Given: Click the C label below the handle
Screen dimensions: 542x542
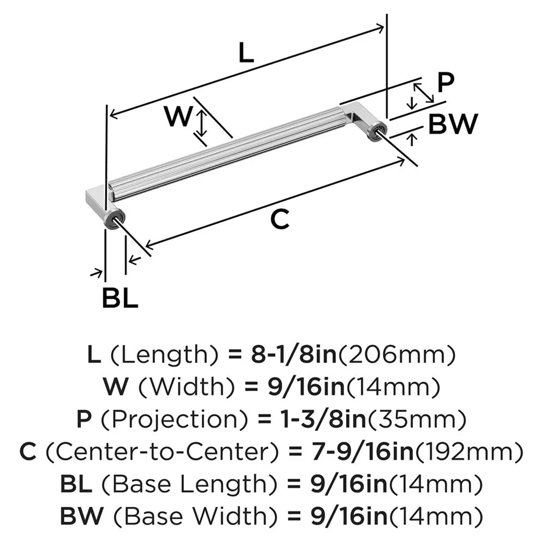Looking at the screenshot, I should click(280, 219).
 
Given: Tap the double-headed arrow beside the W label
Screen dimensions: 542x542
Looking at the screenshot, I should click(202, 122).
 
